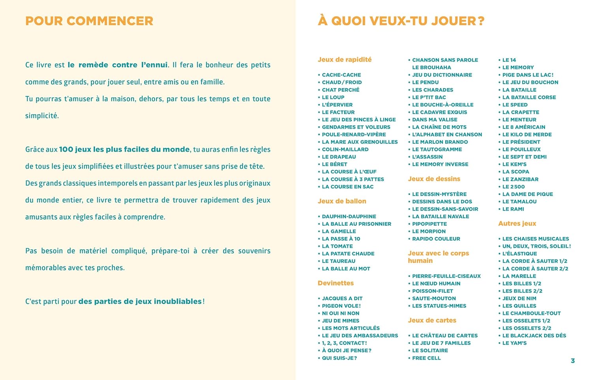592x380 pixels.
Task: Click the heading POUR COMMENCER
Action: pyautogui.click(x=89, y=21)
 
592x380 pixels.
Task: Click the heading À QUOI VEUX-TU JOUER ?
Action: pyautogui.click(x=401, y=21)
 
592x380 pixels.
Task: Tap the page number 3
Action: pyautogui.click(x=573, y=361)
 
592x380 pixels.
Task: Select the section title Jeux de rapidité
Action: pyautogui.click(x=345, y=60)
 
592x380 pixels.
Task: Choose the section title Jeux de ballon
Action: pyautogui.click(x=342, y=201)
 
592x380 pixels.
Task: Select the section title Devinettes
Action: pyautogui.click(x=335, y=283)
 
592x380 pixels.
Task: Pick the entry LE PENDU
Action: pyautogui.click(x=425, y=82)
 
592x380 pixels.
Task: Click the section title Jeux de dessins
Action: pyautogui.click(x=434, y=179)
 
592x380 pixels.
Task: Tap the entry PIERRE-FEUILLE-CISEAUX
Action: pyautogui.click(x=446, y=276)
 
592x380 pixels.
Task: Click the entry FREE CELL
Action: pyautogui.click(x=426, y=358)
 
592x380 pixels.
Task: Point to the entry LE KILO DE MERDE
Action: pyautogui.click(x=527, y=134)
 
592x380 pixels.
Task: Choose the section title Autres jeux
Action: pyautogui.click(x=517, y=224)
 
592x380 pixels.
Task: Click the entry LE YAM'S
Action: pyautogui.click(x=514, y=343)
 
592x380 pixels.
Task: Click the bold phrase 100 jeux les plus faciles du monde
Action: pyautogui.click(x=124, y=149)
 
